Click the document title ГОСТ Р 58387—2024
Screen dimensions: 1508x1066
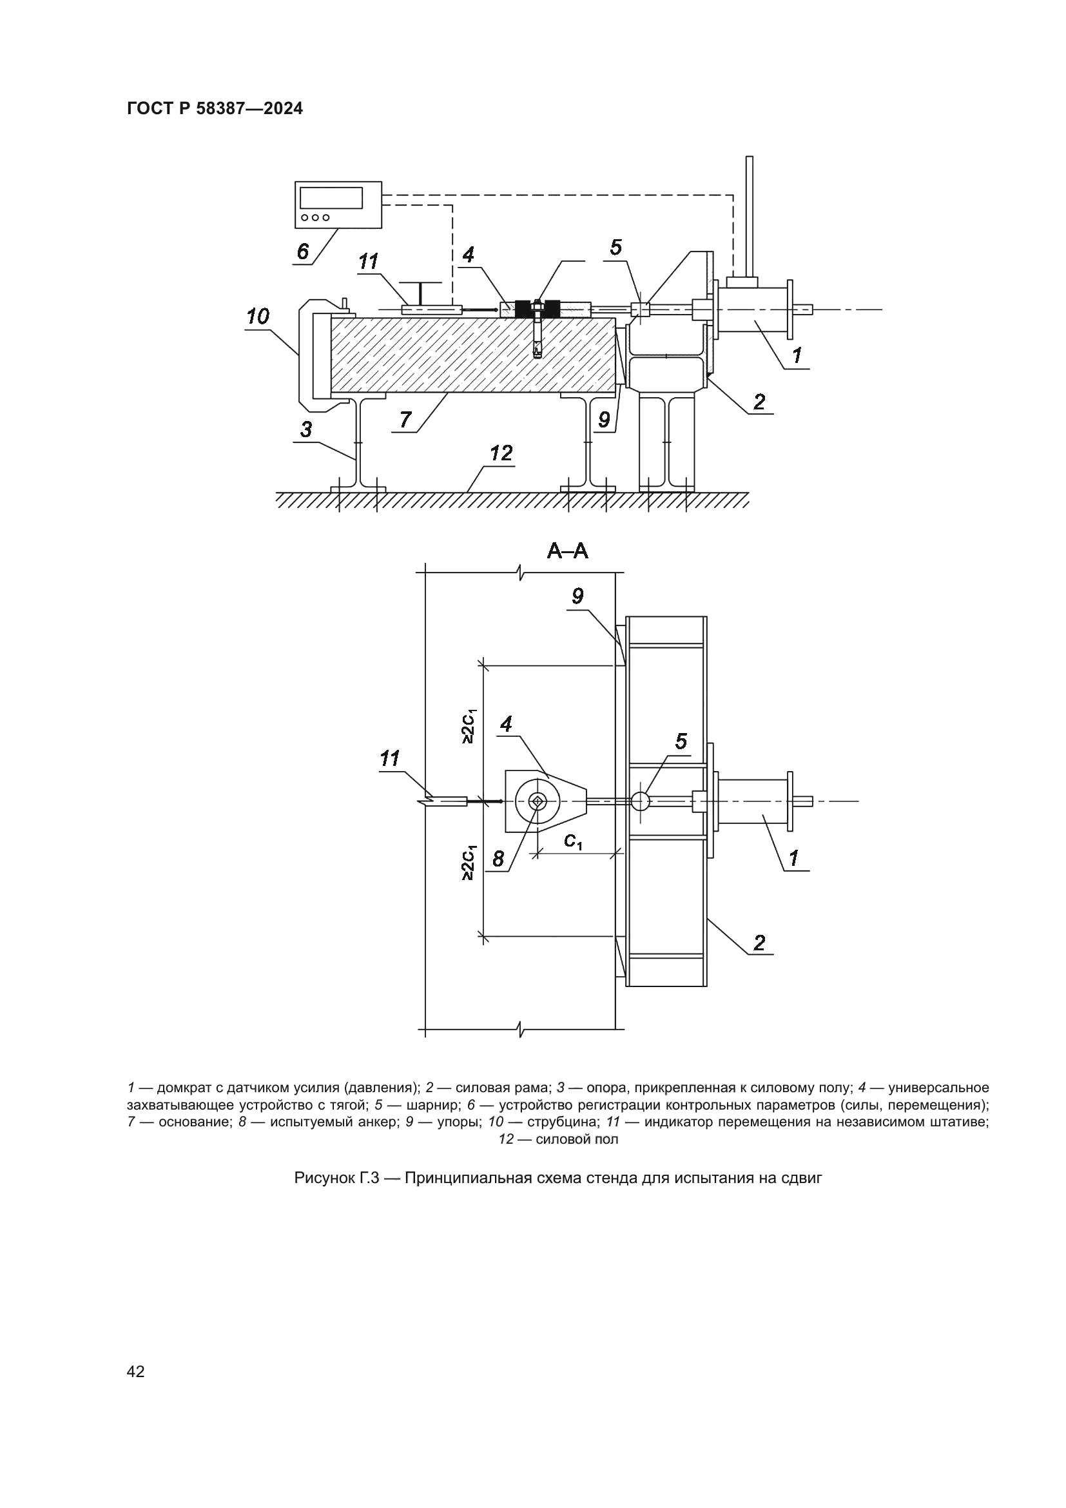click(215, 109)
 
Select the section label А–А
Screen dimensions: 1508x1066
click(567, 552)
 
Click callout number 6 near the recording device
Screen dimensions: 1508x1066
click(303, 251)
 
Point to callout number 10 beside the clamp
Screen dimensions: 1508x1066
click(257, 317)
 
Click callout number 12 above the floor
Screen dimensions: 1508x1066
click(501, 453)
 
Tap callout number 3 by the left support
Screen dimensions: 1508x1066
click(306, 429)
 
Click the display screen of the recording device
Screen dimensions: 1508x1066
click(331, 198)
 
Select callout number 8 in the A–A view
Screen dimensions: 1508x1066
click(498, 858)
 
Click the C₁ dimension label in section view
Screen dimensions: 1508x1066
click(572, 841)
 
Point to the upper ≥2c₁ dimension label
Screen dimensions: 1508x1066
click(469, 727)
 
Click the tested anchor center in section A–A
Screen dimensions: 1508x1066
click(537, 800)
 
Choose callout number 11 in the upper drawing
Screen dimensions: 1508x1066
click(368, 261)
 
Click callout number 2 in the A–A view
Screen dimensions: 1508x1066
click(759, 943)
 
